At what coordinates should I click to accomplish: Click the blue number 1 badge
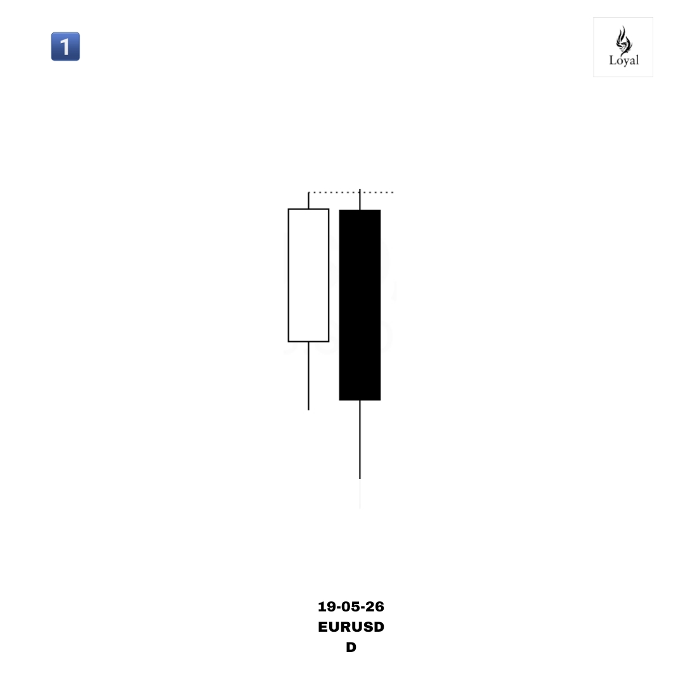(65, 46)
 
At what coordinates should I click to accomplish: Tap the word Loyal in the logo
(624, 60)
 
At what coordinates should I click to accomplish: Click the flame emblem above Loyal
(624, 40)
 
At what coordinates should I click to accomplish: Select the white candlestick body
(308, 275)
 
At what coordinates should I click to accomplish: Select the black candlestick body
(360, 305)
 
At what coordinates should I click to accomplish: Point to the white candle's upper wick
(308, 200)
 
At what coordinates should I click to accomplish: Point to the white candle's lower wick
(308, 376)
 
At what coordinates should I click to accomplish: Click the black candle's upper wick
(360, 200)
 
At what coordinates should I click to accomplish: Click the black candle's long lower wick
(360, 440)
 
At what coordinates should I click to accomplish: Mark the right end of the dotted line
(393, 192)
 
